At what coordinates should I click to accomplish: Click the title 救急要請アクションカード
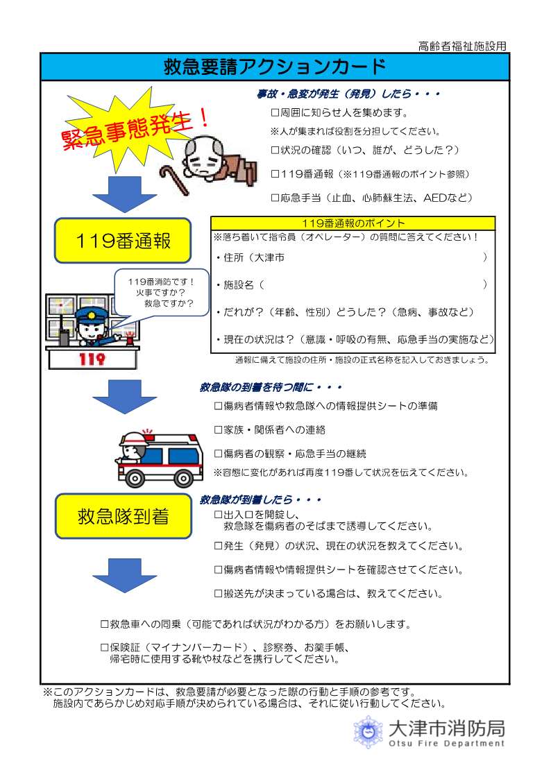coord(275,67)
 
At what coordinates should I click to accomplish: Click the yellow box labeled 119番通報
coord(123,241)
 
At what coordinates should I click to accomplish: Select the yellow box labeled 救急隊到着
coord(123,516)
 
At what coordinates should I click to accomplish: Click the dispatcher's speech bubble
coord(160,293)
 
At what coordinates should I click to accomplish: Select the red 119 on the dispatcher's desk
coord(92,359)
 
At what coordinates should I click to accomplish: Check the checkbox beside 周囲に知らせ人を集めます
coord(275,112)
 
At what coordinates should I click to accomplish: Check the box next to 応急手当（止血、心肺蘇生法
coord(275,198)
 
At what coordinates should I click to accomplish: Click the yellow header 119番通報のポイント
coord(353,223)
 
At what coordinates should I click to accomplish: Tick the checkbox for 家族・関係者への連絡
coord(219,429)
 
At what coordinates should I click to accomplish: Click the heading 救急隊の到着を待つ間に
coord(271,387)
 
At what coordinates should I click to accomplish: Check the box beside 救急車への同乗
coord(105,624)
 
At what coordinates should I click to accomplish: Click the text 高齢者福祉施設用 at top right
coord(462,46)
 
